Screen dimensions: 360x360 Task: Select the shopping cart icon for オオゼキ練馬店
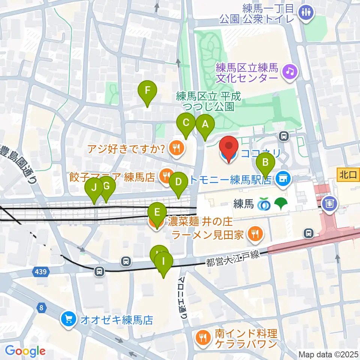[69, 320]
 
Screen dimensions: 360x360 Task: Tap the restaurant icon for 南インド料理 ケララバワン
[203, 338]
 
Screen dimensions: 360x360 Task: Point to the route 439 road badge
[40, 271]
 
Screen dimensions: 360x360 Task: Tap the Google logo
[25, 351]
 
